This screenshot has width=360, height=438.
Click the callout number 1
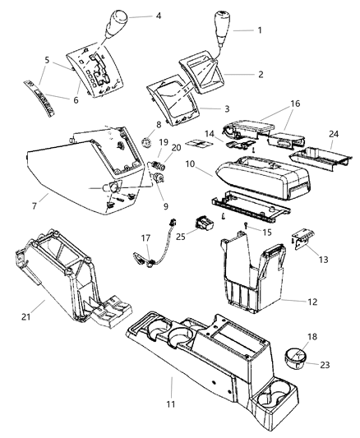click(260, 30)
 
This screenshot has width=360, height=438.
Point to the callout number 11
click(171, 380)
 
